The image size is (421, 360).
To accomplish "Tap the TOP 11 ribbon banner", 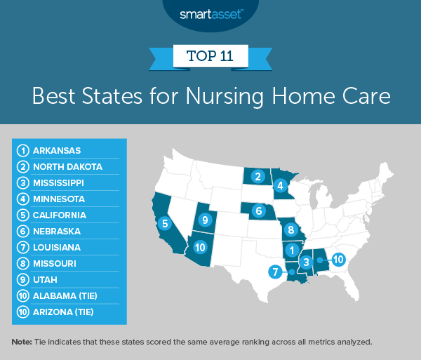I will (210, 55).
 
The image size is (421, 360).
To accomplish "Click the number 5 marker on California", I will (164, 225).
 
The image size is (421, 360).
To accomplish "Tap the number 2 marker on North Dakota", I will (258, 176).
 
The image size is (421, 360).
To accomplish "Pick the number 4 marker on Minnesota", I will (280, 186).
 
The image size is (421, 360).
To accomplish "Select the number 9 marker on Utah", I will (205, 220).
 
